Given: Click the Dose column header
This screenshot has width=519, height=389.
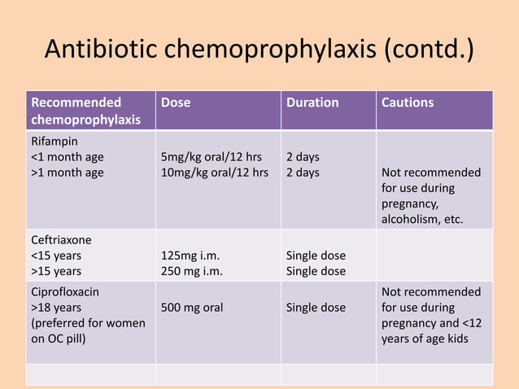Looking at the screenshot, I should tap(177, 103).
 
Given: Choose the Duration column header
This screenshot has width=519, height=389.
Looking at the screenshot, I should tap(312, 103).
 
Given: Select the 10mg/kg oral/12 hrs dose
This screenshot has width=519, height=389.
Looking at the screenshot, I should tap(215, 173).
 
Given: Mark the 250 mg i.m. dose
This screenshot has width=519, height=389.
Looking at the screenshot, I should tap(192, 271).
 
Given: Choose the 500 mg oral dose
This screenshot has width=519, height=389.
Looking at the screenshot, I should tap(192, 308).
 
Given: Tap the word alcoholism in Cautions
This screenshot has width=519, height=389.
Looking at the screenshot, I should tap(412, 219).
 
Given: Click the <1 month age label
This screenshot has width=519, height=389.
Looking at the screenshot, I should tap(68, 156).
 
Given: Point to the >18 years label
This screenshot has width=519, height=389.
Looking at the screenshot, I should tap(56, 308).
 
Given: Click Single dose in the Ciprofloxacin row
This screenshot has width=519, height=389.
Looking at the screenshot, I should tap(316, 308).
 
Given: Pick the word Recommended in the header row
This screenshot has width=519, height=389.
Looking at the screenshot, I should tap(76, 103).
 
